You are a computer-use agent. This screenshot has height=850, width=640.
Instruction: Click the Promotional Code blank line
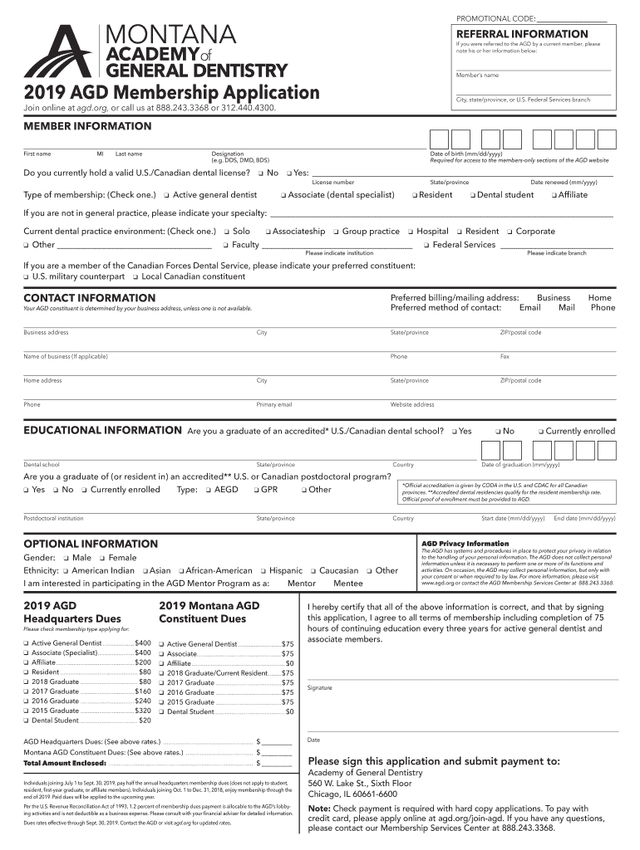pos(571,19)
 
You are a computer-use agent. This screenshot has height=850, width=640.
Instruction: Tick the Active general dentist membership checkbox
pos(166,195)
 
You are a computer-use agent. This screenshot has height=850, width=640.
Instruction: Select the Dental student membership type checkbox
pos(470,195)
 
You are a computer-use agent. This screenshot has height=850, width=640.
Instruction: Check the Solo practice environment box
pos(225,232)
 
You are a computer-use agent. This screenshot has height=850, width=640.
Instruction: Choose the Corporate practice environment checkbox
pos(510,232)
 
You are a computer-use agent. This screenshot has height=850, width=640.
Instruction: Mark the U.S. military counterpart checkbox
pos(26,276)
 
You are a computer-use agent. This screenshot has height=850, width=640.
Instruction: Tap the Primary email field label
pos(274,405)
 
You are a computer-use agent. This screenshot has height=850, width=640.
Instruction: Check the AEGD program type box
pos(208,490)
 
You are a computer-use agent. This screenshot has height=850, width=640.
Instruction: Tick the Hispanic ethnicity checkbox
pos(263,571)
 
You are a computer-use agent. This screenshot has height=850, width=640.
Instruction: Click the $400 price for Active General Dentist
pos(143,643)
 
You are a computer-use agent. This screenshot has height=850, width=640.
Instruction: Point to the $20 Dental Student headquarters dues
pos(145,721)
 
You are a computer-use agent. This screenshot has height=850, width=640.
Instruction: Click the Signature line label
pos(320,687)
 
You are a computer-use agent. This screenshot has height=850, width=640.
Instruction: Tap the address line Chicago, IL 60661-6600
pos(352,794)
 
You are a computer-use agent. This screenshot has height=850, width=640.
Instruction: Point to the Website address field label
pos(412,405)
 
